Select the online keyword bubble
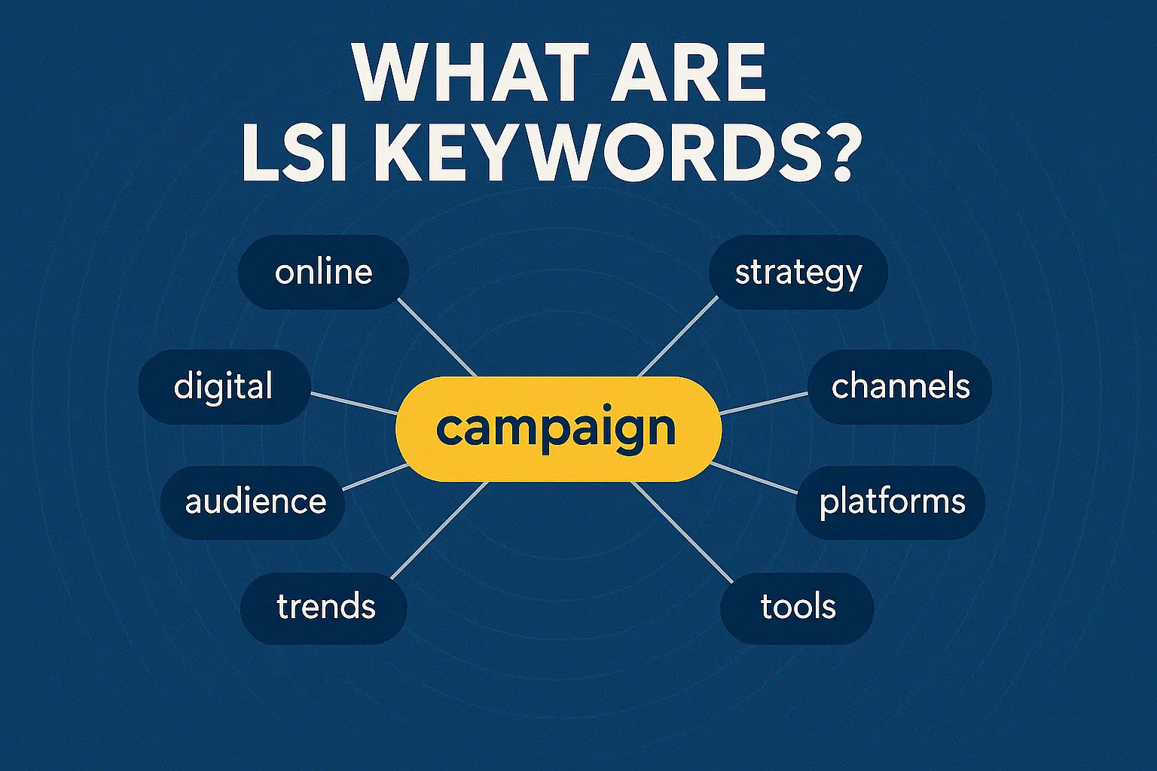323,272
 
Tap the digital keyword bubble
224,386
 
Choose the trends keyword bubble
324,607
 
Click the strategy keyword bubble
798,272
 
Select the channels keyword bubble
899,386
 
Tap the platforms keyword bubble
891,502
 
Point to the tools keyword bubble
797,607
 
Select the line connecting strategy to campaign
678,336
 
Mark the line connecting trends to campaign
439,531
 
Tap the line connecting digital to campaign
354,403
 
